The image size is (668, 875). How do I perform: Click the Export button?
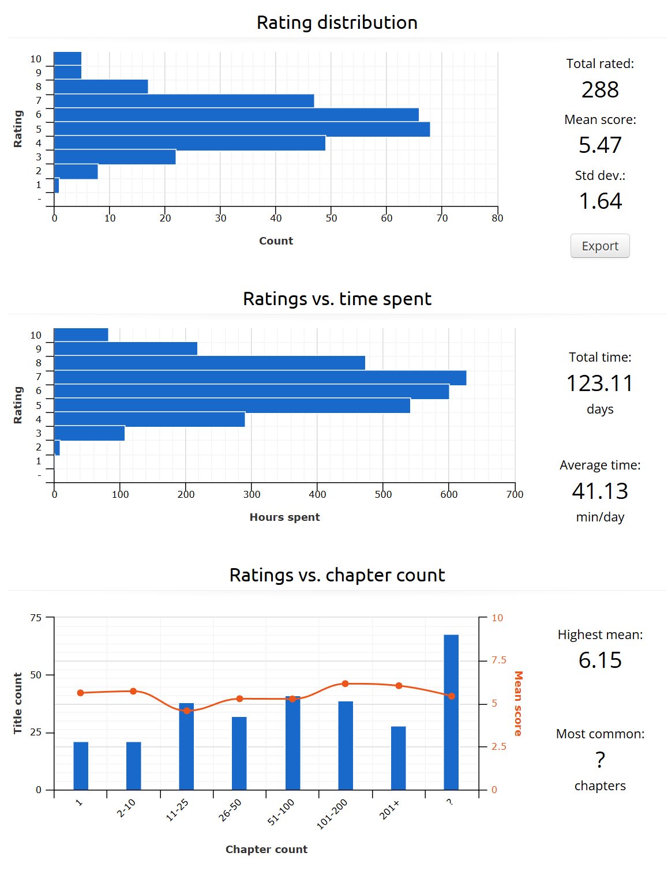(x=600, y=246)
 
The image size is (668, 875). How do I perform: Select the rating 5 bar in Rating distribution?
(x=242, y=129)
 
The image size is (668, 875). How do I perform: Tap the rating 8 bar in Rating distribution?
(x=101, y=87)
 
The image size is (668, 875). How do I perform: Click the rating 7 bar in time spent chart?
(x=260, y=378)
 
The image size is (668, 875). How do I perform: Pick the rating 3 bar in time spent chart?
(x=89, y=433)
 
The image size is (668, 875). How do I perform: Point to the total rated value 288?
(x=600, y=90)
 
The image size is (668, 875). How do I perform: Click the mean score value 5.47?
(x=600, y=145)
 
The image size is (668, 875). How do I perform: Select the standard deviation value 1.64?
(x=600, y=201)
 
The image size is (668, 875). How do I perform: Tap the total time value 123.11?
(x=600, y=384)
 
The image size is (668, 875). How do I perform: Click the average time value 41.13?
(x=600, y=491)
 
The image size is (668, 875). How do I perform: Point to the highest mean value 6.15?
(x=600, y=660)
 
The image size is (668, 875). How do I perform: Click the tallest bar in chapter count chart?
(x=451, y=712)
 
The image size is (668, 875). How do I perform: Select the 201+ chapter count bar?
(x=399, y=758)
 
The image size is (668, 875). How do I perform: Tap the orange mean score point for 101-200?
(x=345, y=684)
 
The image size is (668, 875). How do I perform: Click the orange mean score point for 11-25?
(x=187, y=711)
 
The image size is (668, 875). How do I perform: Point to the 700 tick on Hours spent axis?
(x=515, y=494)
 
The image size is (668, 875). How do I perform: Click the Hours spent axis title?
(x=284, y=517)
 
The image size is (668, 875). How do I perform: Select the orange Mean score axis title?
(x=518, y=703)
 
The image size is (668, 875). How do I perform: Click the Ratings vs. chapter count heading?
(x=337, y=575)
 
